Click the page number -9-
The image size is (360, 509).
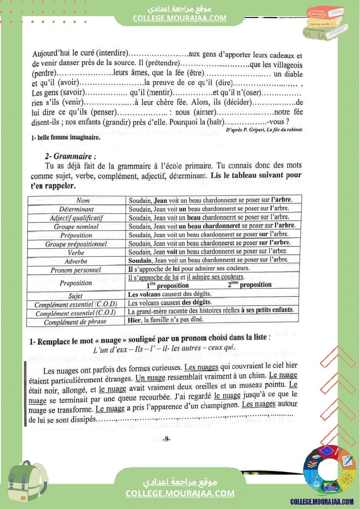tap(166, 438)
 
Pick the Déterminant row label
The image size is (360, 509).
tap(77, 209)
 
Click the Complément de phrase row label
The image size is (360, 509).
tap(75, 322)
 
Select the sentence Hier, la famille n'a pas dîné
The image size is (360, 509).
tap(166, 320)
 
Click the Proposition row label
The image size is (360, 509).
tap(76, 283)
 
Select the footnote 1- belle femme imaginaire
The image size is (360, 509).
tap(66, 138)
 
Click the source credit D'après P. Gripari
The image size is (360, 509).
tap(265, 130)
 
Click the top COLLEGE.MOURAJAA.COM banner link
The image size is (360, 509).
tap(180, 18)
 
